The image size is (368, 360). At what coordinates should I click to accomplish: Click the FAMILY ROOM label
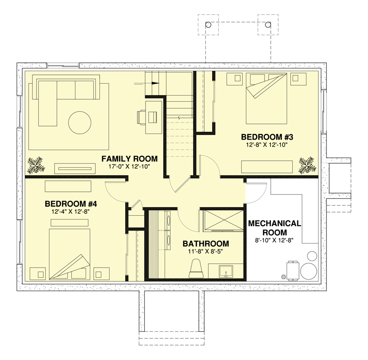pyautogui.click(x=129, y=159)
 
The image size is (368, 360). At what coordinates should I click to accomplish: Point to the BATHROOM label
pyautogui.click(x=205, y=244)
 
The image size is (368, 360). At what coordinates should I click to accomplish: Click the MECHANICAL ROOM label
pyautogui.click(x=275, y=228)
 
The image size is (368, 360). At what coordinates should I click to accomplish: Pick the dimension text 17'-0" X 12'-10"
pyautogui.click(x=129, y=167)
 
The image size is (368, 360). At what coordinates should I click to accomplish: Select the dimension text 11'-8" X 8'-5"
pyautogui.click(x=205, y=252)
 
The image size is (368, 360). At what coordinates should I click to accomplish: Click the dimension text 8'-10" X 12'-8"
pyautogui.click(x=275, y=240)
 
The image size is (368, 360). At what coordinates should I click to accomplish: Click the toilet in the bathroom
pyautogui.click(x=196, y=268)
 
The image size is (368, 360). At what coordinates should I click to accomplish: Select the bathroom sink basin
pyautogui.click(x=226, y=272)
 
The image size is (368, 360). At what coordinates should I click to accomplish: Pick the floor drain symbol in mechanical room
pyautogui.click(x=283, y=276)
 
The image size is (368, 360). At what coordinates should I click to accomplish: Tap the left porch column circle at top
pyautogui.click(x=209, y=24)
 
